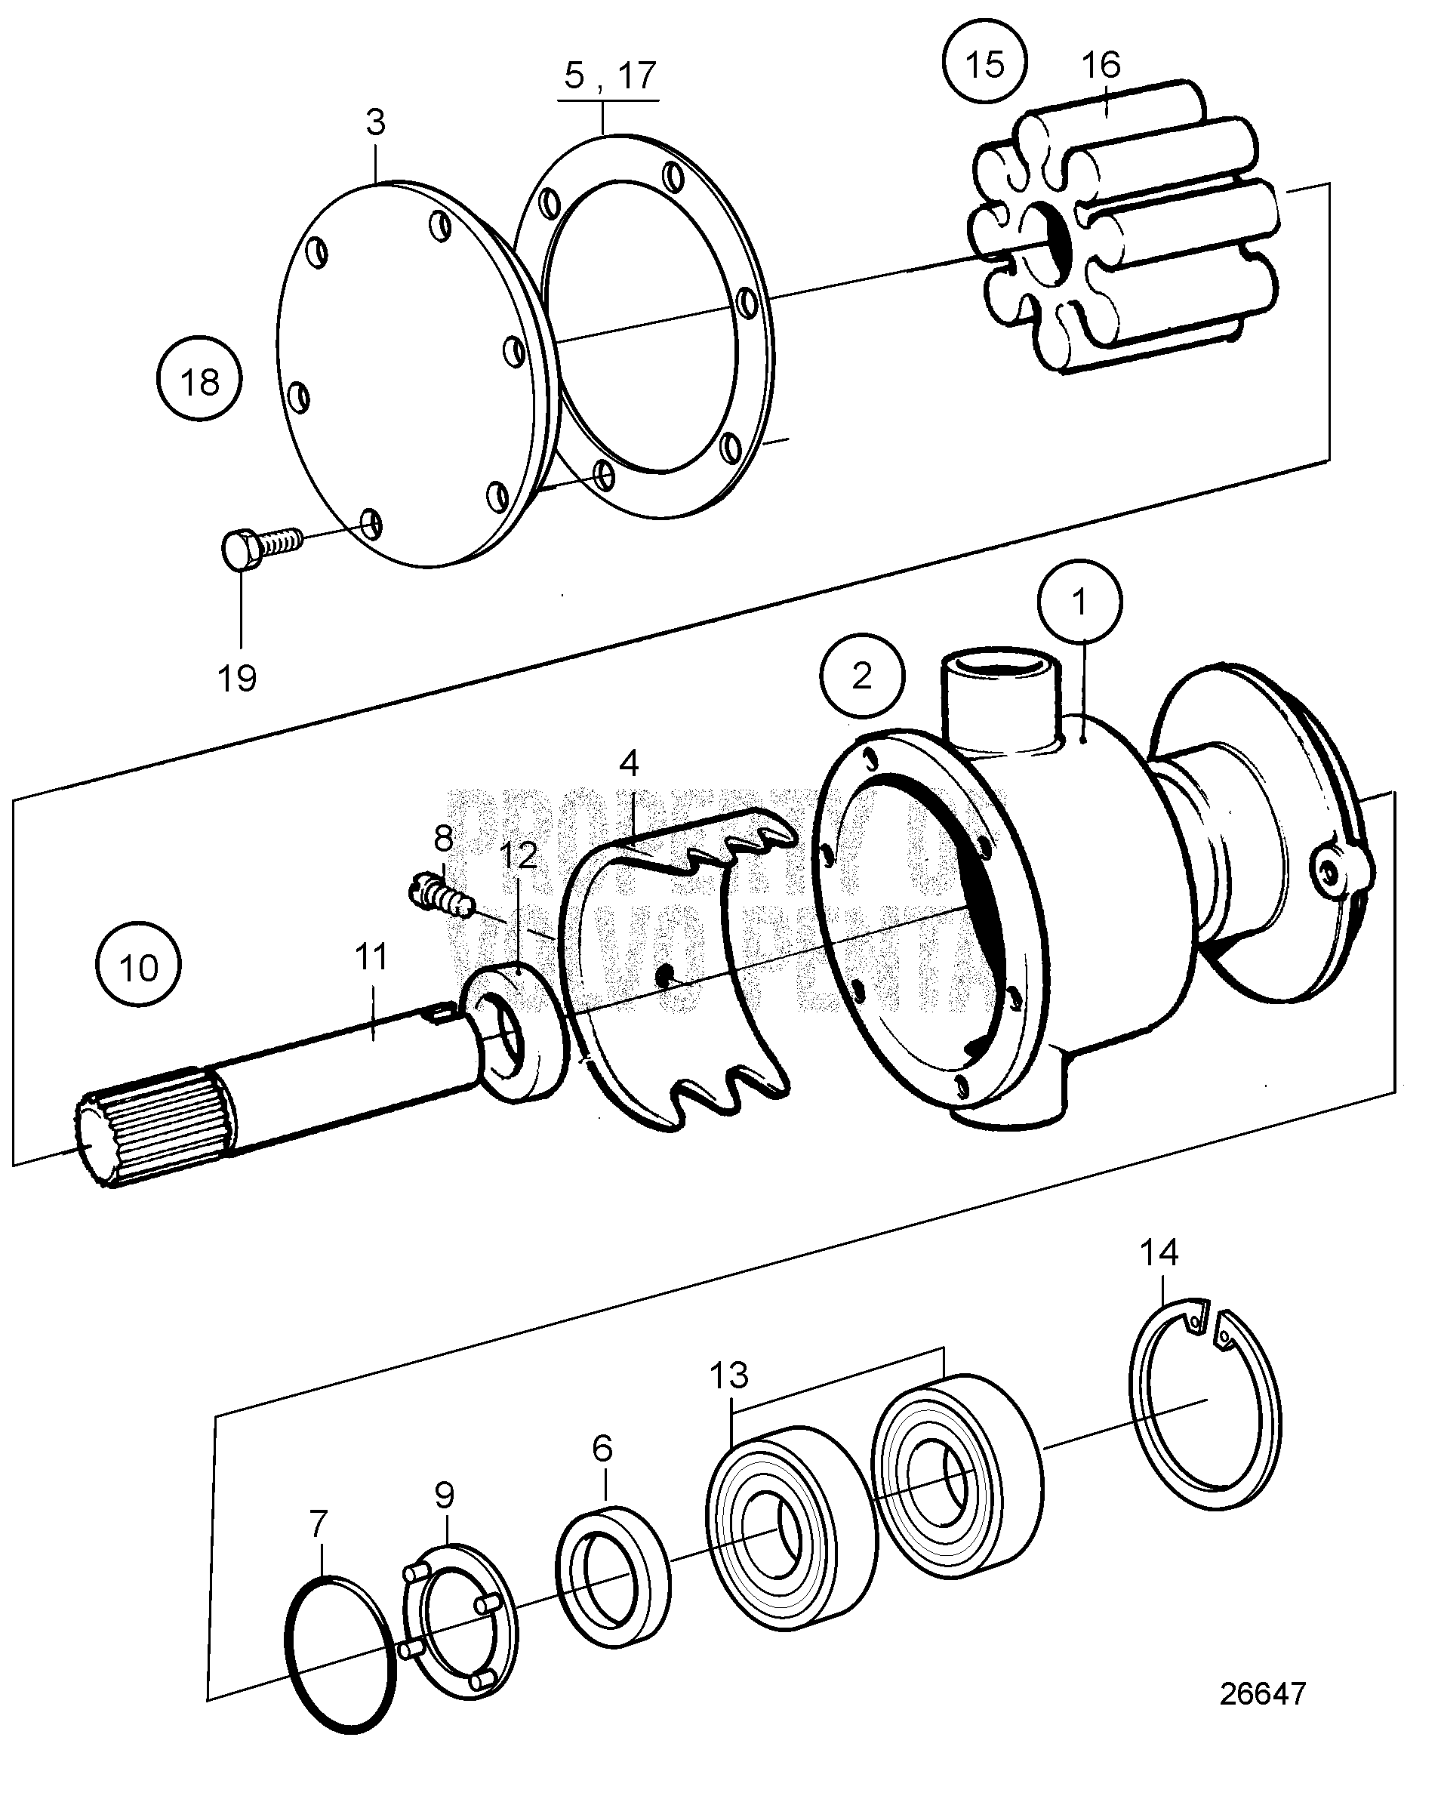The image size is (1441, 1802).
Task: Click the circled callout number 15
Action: (984, 63)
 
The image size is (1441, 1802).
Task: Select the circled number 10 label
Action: (138, 968)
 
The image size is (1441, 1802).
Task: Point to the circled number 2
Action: (862, 676)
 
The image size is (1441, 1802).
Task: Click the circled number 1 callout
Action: (1079, 602)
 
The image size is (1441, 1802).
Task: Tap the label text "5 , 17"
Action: (609, 75)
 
